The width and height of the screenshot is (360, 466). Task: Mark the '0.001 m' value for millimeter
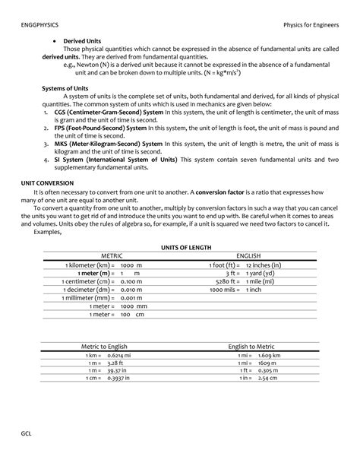pos(131,298)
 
